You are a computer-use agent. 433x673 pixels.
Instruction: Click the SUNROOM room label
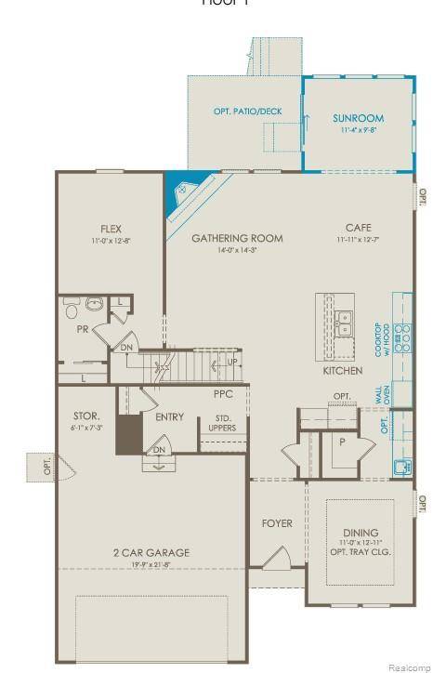click(358, 118)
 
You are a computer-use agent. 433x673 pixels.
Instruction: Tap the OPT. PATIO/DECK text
click(247, 112)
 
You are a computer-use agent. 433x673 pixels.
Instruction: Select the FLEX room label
click(112, 229)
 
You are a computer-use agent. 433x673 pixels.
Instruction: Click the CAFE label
click(358, 228)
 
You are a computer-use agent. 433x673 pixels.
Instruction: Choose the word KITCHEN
click(341, 371)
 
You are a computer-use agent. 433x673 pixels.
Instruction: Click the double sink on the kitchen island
click(345, 322)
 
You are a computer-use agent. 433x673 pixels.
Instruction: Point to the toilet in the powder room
click(93, 304)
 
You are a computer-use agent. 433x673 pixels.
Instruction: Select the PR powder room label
click(82, 329)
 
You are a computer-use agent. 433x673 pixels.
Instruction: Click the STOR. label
click(86, 416)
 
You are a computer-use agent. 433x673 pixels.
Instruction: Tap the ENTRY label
click(169, 416)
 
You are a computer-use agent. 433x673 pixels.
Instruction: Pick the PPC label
click(222, 395)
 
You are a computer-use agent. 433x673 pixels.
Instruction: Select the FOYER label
click(276, 523)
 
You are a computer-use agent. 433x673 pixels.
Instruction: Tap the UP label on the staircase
click(232, 361)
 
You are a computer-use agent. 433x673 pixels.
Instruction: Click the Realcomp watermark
click(406, 666)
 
